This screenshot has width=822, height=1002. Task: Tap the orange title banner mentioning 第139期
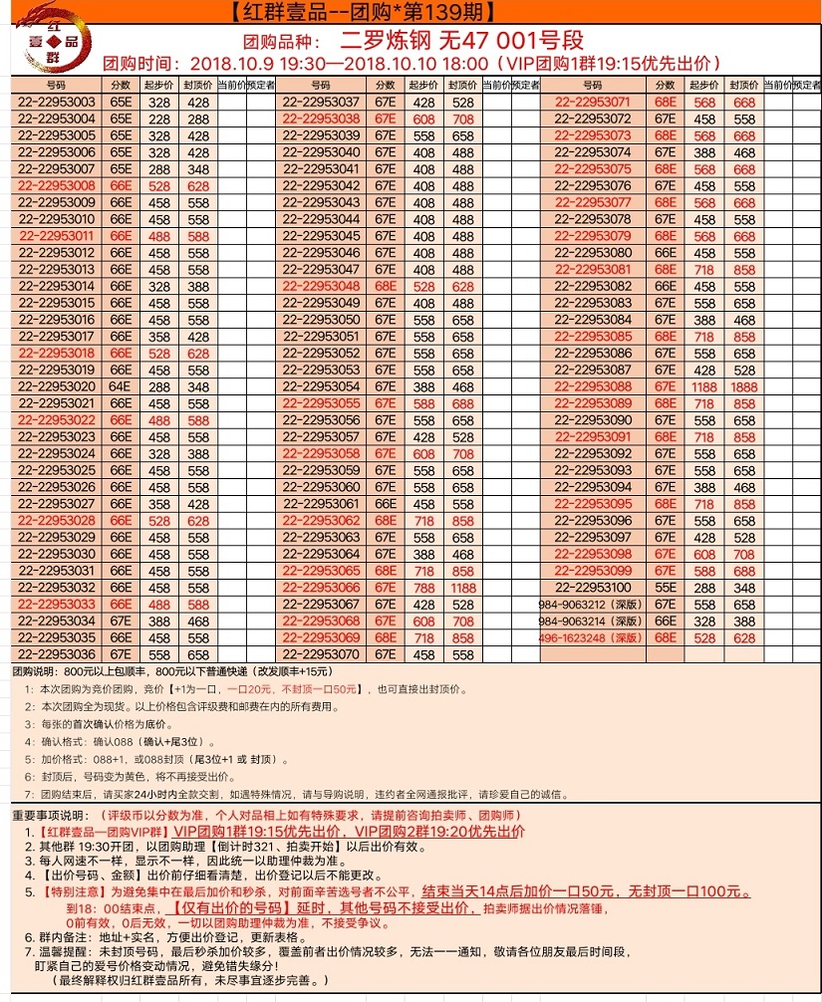coord(410,12)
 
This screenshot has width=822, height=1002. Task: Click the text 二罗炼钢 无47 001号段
coord(459,41)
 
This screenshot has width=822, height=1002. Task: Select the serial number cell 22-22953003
coord(56,102)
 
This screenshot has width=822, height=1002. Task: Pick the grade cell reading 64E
coord(121,386)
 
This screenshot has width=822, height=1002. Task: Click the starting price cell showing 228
coord(157,119)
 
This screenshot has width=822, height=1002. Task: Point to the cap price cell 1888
coord(743,386)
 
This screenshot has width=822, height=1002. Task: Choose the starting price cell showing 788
coord(425,588)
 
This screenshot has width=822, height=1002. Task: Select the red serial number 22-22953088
coord(593,386)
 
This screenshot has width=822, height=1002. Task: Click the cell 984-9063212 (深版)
coord(593,605)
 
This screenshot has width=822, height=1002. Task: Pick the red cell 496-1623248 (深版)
coord(593,637)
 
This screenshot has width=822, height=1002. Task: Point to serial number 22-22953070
coord(321,654)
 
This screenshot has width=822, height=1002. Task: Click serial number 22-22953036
coord(56,654)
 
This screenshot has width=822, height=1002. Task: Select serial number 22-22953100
coord(593,588)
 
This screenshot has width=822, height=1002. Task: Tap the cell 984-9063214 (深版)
coord(593,621)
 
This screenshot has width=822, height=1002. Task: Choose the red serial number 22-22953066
coord(321,588)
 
